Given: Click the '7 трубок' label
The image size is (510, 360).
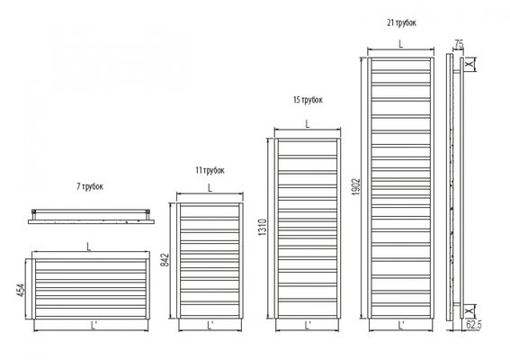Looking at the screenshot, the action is click(90, 186).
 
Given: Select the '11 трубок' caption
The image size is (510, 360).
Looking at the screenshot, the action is click(210, 170).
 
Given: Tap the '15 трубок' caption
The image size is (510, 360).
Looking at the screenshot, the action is click(308, 100).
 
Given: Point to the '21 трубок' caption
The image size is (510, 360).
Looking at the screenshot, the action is click(401, 22).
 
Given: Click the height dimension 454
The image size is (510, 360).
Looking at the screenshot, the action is click(21, 291).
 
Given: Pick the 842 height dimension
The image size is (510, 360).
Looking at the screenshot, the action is click(166, 260).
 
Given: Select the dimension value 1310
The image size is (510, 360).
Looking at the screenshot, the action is click(262, 227).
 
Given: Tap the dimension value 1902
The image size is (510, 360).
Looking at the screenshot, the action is click(356, 186).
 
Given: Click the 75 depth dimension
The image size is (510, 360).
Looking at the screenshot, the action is click(459, 44).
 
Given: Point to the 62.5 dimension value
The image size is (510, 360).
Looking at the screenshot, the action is click(473, 325).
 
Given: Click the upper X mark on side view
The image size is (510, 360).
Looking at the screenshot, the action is click(470, 64).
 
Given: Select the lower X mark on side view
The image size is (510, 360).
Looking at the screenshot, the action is click(470, 311).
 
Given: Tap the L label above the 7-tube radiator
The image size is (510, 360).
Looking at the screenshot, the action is click(89, 247).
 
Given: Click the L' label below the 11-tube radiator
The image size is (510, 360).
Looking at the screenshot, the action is click(210, 325).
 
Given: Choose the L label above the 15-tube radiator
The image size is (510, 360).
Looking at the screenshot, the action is click(308, 123).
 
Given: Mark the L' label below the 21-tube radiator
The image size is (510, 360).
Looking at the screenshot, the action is click(401, 325).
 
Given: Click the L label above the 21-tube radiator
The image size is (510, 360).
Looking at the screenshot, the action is click(401, 44).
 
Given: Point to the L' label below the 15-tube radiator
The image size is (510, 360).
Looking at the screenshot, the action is click(308, 325).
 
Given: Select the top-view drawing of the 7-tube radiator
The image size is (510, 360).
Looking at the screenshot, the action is click(91, 217).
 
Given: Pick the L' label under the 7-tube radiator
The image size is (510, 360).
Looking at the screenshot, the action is click(94, 325).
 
